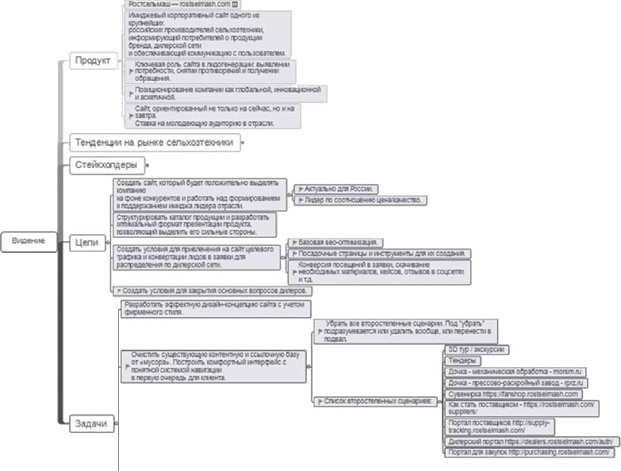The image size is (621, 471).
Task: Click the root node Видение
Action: [28, 240]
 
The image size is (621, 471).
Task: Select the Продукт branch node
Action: [93, 61]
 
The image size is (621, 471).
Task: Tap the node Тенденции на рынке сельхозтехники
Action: [154, 143]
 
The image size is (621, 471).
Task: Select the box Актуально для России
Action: [336, 190]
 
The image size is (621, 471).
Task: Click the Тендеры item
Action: [459, 361]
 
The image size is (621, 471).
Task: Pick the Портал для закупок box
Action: [528, 452]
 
